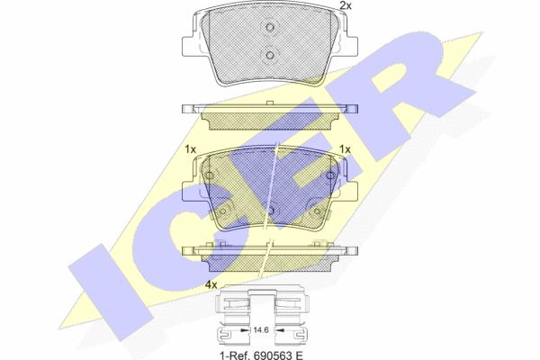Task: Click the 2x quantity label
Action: click(345, 5)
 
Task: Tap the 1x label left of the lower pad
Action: click(190, 149)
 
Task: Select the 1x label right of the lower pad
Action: click(345, 149)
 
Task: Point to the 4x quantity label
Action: click(211, 285)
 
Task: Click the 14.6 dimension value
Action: click(261, 330)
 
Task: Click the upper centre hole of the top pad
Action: click(270, 27)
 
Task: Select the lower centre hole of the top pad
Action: click(270, 55)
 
